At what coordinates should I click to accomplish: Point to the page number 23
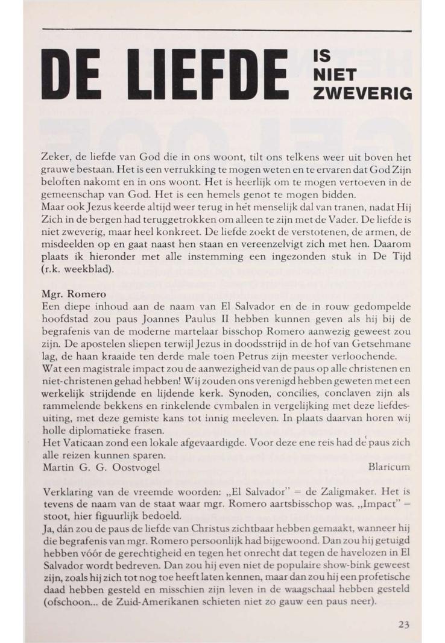(x=404, y=624)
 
